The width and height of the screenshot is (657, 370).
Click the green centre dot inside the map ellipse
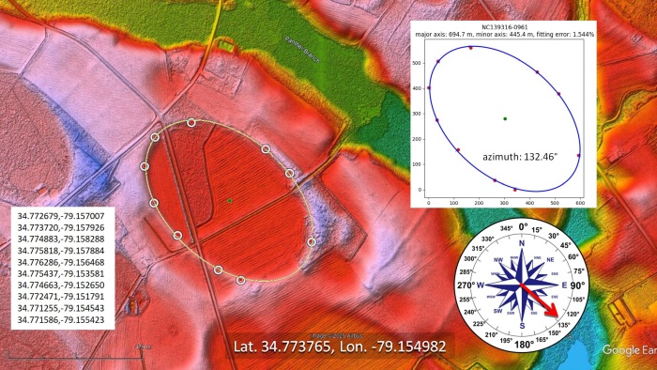tap(229, 200)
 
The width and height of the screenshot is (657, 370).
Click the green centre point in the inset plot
tap(505, 118)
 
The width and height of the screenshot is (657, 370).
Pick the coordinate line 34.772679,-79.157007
tap(60, 215)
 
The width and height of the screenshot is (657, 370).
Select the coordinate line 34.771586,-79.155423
tap(60, 320)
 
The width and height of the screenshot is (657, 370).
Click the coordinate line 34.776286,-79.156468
tap(60, 262)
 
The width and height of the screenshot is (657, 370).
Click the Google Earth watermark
tap(627, 350)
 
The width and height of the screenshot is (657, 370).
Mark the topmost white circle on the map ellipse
tap(191, 123)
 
